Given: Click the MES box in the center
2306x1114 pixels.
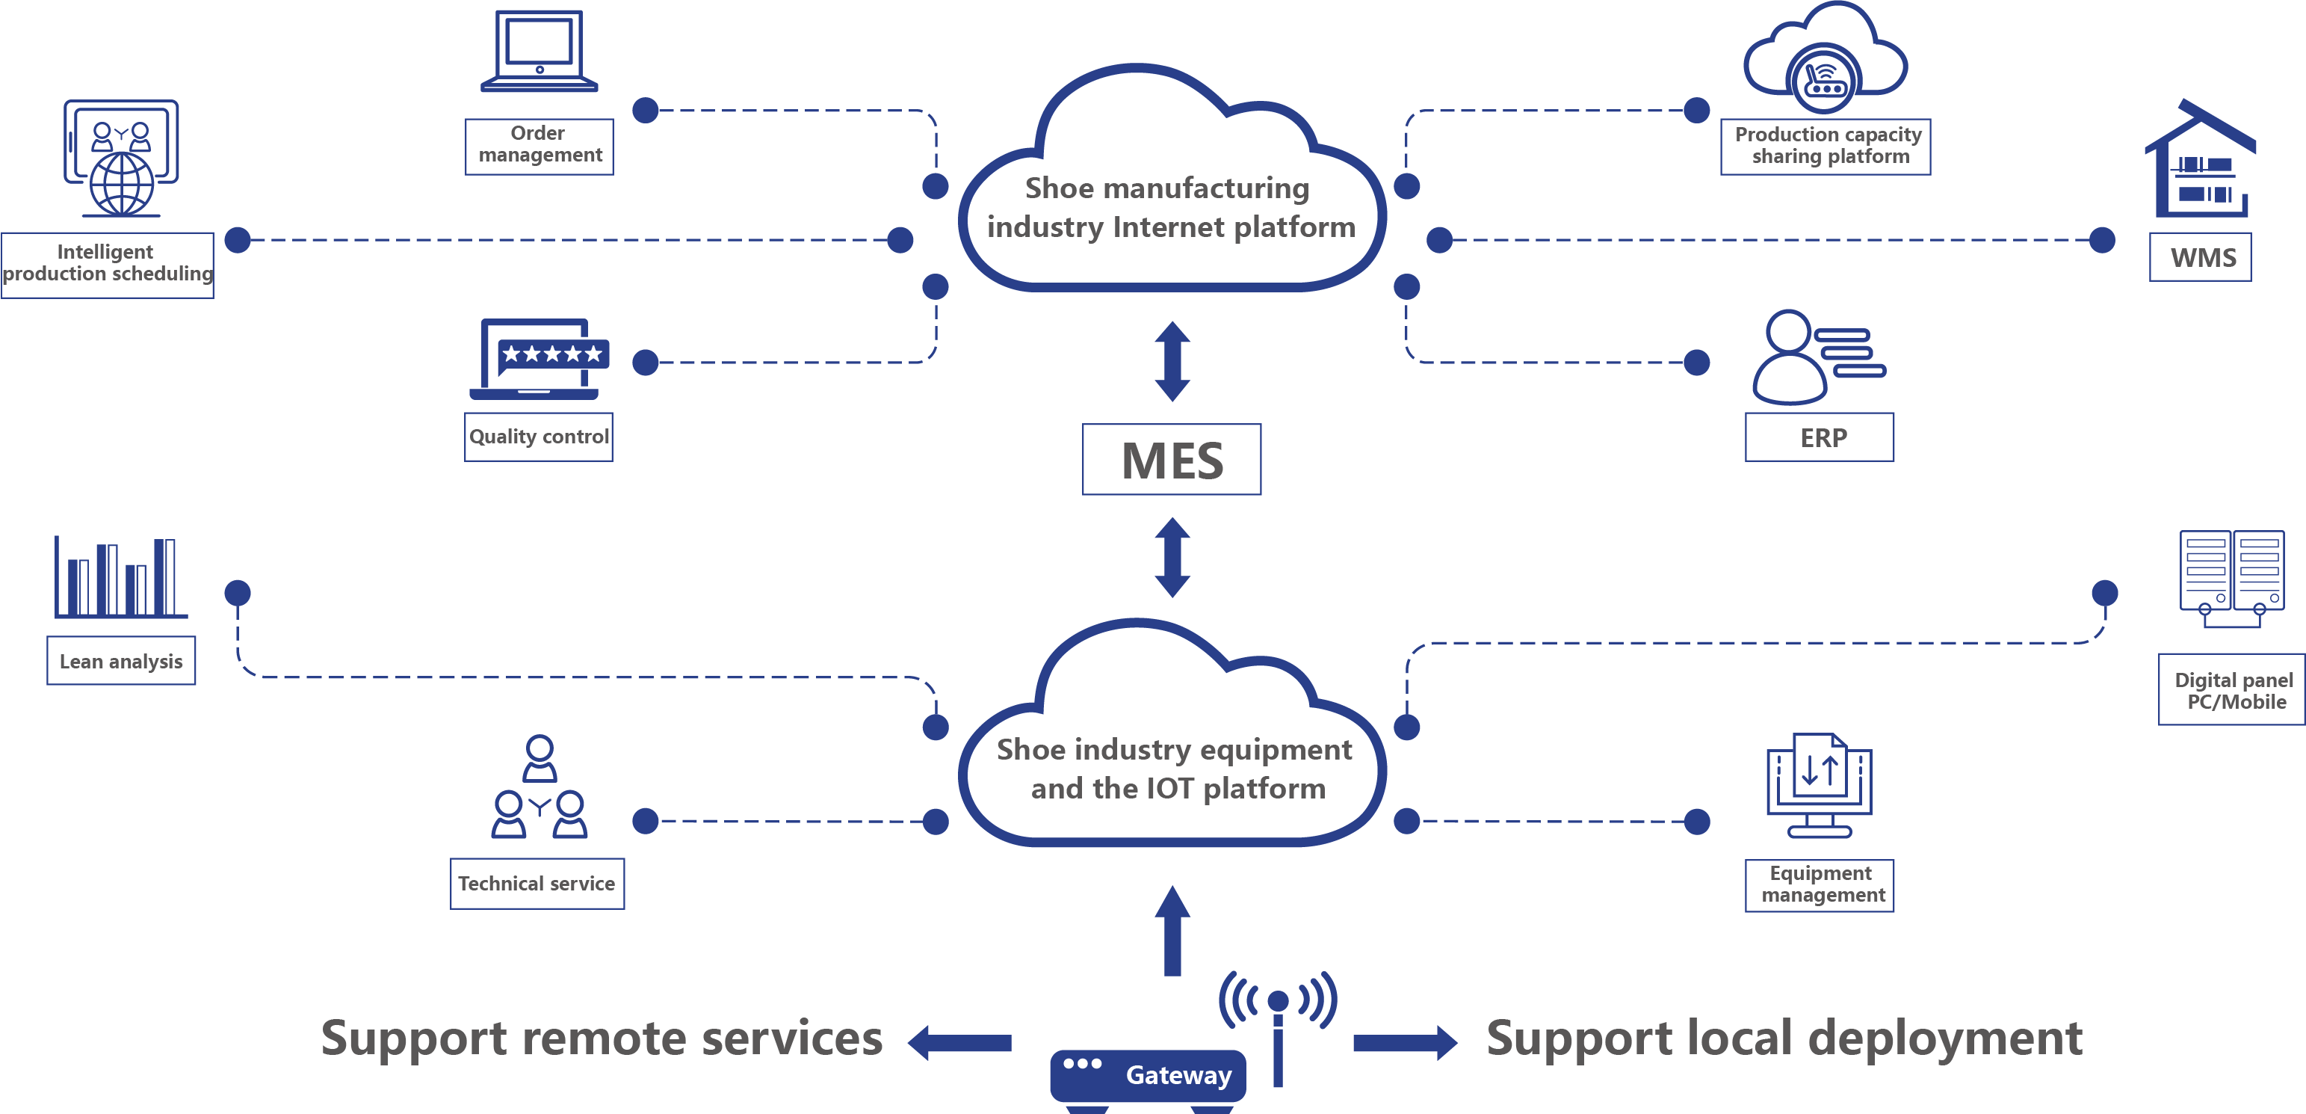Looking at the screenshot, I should pyautogui.click(x=1171, y=459).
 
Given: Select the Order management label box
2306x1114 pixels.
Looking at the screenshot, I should pyautogui.click(x=539, y=146).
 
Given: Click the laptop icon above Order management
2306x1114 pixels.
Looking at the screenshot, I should pyautogui.click(x=539, y=52).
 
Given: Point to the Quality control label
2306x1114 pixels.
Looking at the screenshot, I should pyautogui.click(x=538, y=437).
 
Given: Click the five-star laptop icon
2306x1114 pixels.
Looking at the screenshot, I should pyautogui.click(x=540, y=359).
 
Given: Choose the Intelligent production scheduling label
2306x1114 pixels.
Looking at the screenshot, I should pyautogui.click(x=108, y=264).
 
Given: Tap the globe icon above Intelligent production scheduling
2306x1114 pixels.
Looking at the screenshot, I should pyautogui.click(x=121, y=159).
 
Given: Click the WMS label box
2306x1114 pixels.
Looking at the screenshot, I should pyautogui.click(x=2201, y=257).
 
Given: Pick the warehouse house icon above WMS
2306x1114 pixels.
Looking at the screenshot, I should pyautogui.click(x=2201, y=161).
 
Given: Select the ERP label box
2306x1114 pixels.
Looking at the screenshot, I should pyautogui.click(x=1819, y=437).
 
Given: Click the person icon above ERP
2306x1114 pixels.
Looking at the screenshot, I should pyautogui.click(x=1817, y=357).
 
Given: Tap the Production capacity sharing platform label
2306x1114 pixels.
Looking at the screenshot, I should pyautogui.click(x=1826, y=146).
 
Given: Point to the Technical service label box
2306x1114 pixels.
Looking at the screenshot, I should pyautogui.click(x=537, y=884).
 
